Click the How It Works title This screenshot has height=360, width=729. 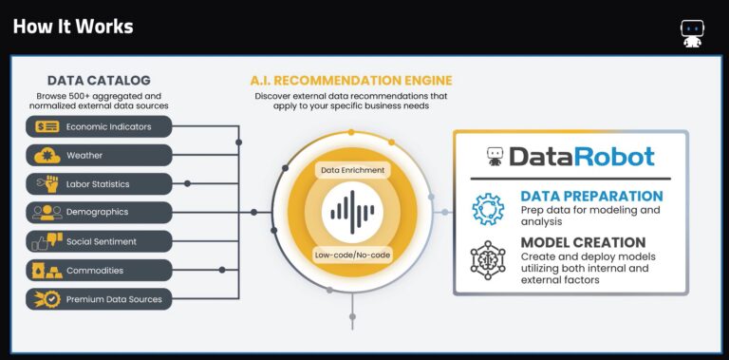[73, 26]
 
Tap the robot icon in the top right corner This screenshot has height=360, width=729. [691, 33]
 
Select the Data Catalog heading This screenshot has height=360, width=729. [99, 81]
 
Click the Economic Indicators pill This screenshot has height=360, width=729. [100, 126]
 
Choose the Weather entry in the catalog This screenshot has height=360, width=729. [100, 155]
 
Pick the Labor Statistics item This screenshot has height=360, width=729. [100, 183]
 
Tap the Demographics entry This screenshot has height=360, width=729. [100, 212]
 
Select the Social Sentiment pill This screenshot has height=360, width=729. [100, 241]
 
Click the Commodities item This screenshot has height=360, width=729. [100, 270]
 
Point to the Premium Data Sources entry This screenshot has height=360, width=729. [100, 299]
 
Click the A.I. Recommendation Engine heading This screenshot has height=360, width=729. [350, 80]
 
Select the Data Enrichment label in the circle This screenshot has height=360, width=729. [352, 170]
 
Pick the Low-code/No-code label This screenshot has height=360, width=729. [352, 255]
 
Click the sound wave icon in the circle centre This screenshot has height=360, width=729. [352, 212]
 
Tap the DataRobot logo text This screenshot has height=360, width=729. [581, 156]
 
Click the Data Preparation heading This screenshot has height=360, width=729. [591, 197]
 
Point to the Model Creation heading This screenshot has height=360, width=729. [583, 242]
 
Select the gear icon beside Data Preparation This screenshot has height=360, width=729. [489, 208]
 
